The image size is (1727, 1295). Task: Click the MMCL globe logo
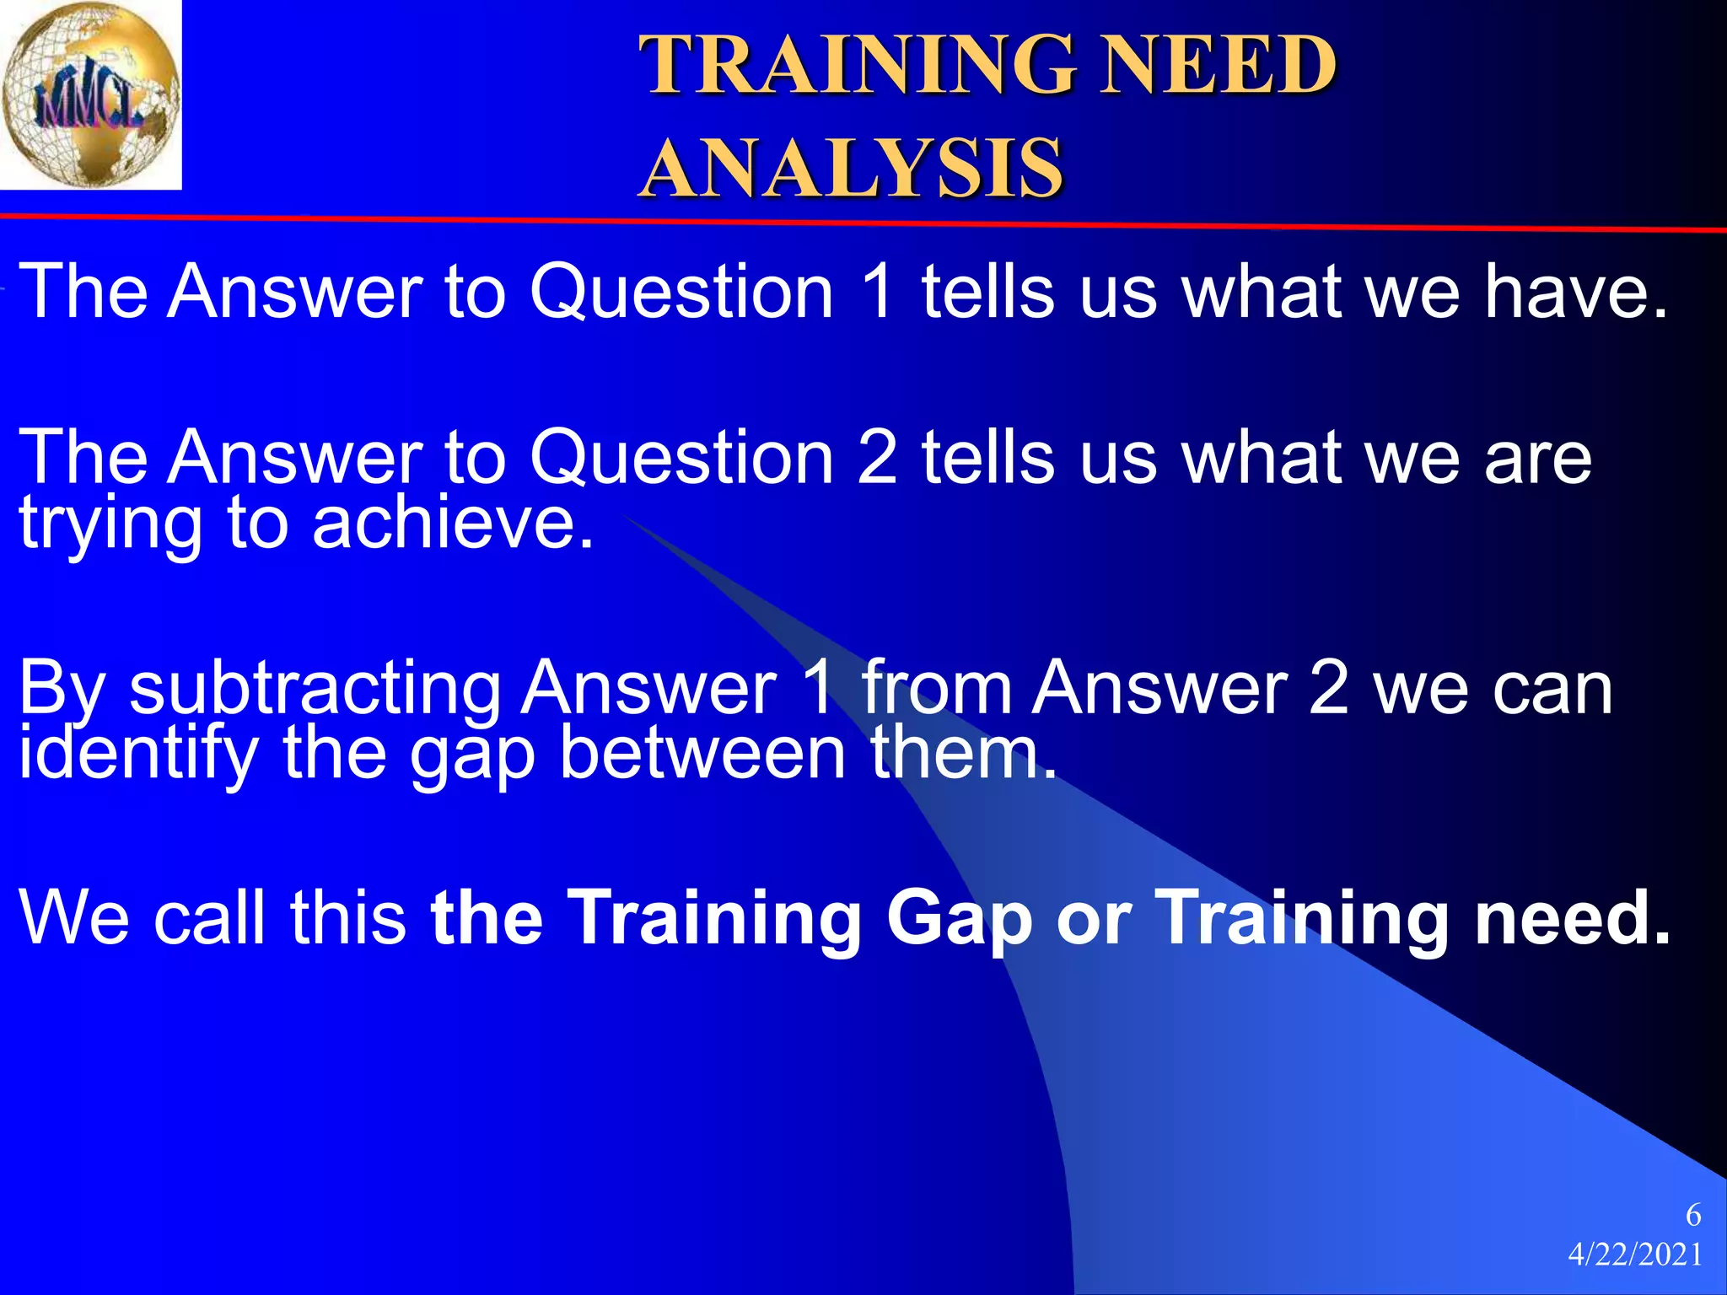(90, 94)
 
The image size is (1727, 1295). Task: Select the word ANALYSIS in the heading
(852, 169)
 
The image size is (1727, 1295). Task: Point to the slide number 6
(1692, 1215)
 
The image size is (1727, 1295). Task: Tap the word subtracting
(315, 689)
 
